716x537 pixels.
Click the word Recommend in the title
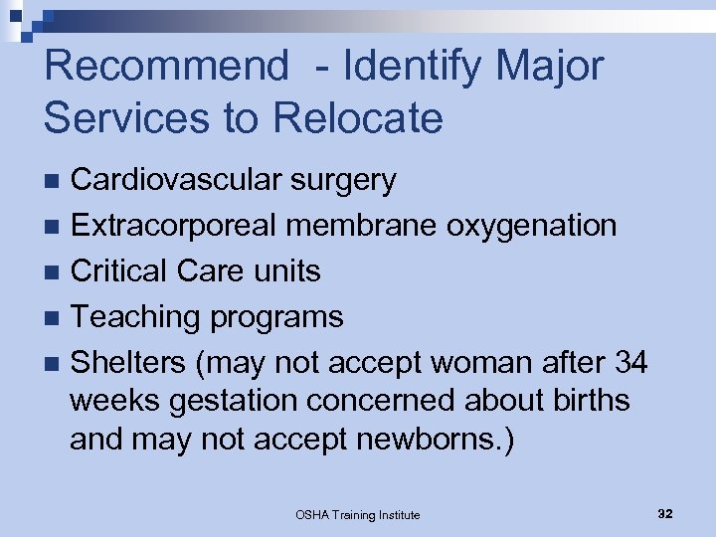[165, 68]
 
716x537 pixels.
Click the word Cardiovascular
[177, 180]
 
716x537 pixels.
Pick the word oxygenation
[532, 226]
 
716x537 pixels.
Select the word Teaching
[134, 317]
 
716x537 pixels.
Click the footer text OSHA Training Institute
[358, 514]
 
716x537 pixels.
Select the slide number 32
[665, 513]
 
